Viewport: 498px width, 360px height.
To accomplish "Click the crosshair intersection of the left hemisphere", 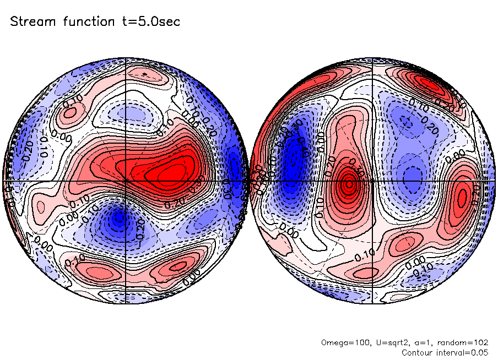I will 126,180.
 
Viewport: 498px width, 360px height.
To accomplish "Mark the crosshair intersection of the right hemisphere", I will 372,180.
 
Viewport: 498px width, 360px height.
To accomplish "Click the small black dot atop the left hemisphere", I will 144,73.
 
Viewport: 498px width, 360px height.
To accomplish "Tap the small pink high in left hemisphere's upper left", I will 71,113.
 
